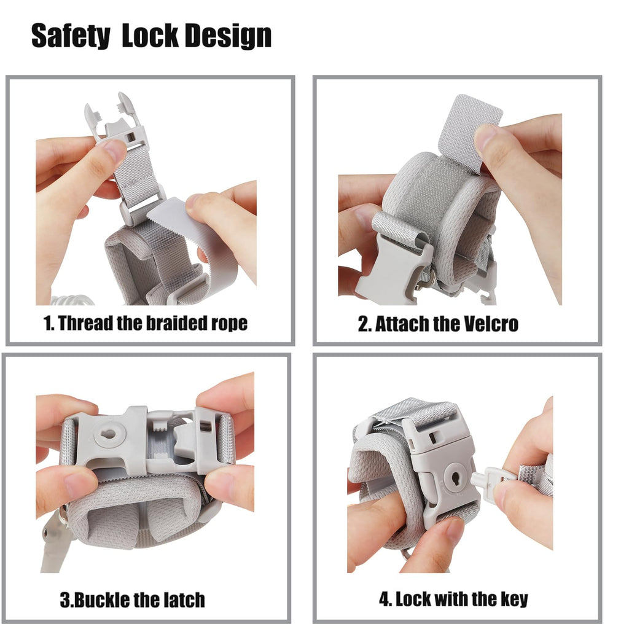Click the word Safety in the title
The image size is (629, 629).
point(70,36)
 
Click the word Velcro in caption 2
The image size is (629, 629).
point(491,324)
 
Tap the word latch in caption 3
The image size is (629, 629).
point(184,600)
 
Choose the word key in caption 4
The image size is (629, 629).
point(514,600)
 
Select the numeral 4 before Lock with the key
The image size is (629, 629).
point(385,600)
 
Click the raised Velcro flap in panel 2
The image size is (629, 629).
point(470,133)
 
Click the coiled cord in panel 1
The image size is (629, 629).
point(73,300)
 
